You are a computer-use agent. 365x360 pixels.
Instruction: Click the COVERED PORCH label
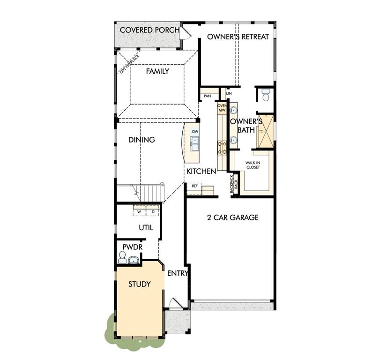click(149, 30)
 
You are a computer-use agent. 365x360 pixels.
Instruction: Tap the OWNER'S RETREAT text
click(238, 37)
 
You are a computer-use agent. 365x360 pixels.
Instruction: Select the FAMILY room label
click(157, 71)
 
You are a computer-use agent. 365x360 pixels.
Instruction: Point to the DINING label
click(142, 140)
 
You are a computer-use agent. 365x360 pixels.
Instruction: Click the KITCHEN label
click(201, 172)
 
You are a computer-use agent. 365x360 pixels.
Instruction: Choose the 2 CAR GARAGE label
click(232, 217)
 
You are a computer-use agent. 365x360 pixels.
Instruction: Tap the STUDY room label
click(139, 284)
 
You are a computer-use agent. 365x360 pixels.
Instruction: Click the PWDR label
click(132, 247)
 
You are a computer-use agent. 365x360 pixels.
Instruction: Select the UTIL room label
click(146, 227)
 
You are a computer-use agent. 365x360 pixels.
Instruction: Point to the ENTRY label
click(178, 273)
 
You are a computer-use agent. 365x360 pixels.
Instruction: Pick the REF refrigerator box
click(194, 186)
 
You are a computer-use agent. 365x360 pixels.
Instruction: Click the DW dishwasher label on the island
click(194, 132)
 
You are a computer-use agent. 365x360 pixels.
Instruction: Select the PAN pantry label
click(207, 96)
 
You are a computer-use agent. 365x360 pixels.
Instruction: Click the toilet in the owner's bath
click(266, 96)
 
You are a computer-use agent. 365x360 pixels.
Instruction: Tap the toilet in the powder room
click(122, 257)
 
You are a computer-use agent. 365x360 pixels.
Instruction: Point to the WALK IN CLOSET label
click(253, 165)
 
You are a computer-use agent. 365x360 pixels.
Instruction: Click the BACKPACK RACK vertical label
click(233, 182)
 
